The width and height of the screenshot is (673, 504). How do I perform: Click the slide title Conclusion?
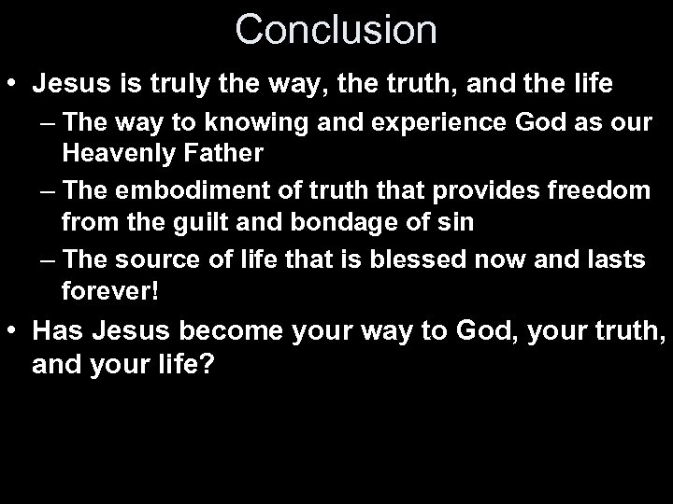point(336,29)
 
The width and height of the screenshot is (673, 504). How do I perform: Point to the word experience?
point(390,124)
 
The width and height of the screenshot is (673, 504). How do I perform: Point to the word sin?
point(455,223)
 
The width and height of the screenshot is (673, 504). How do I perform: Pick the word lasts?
point(613,260)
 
